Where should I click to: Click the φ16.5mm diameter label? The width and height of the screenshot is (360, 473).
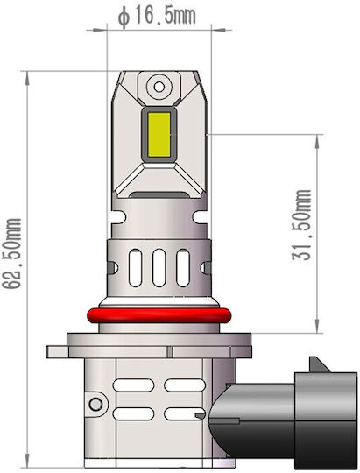click(157, 16)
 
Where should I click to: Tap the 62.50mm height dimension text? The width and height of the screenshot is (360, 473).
click(12, 254)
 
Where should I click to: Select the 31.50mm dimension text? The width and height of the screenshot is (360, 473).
click(301, 225)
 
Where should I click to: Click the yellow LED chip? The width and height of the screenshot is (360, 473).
click(159, 135)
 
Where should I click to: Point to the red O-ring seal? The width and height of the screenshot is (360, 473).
click(159, 315)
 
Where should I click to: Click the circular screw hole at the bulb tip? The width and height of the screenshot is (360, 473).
click(159, 87)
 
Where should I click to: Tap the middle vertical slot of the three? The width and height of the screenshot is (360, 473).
click(159, 268)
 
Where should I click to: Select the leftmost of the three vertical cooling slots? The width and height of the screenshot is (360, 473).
click(135, 268)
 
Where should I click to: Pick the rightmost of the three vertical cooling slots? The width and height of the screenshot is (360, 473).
click(183, 268)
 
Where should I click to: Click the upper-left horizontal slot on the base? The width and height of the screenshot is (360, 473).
click(133, 385)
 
